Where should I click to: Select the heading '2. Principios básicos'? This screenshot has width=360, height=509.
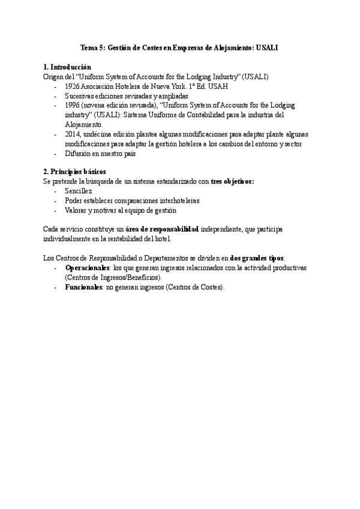click(75, 172)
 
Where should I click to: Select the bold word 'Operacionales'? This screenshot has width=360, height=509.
click(88, 268)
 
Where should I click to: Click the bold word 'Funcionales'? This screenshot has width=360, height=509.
click(83, 288)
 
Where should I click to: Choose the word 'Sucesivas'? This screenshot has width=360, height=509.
click(80, 96)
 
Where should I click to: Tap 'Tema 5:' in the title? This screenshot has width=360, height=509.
click(93, 48)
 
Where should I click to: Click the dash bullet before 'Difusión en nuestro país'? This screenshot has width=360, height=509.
click(56, 154)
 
